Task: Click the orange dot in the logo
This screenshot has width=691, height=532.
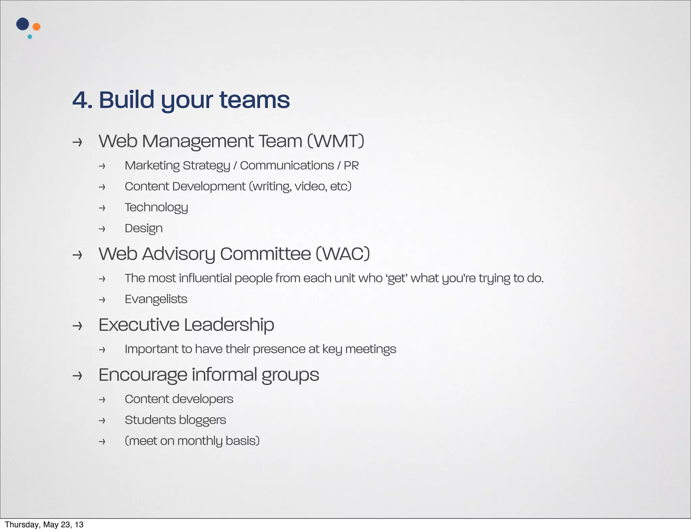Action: (x=36, y=27)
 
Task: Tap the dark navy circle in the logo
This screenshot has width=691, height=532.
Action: (x=23, y=24)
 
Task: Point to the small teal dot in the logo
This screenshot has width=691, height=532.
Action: (x=30, y=37)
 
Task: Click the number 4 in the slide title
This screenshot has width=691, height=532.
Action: (x=80, y=100)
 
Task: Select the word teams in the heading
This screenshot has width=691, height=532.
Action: (x=254, y=100)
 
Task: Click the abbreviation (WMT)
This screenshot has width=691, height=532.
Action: (x=336, y=141)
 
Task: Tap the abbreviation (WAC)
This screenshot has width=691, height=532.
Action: (x=343, y=254)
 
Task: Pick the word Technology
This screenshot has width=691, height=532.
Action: (x=156, y=208)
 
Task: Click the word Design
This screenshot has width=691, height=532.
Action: (x=144, y=229)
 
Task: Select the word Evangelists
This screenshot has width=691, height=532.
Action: (x=156, y=299)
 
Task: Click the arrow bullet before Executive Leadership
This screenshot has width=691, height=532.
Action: (x=77, y=326)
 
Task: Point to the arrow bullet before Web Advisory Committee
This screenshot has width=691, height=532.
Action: (x=77, y=255)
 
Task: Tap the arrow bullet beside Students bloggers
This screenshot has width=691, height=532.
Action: (x=102, y=421)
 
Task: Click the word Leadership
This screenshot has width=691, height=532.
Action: (x=229, y=325)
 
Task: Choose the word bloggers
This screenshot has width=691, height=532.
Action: (x=202, y=420)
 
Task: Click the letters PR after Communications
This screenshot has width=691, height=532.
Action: (x=351, y=166)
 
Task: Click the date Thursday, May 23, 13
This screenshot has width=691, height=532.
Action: (x=44, y=525)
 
